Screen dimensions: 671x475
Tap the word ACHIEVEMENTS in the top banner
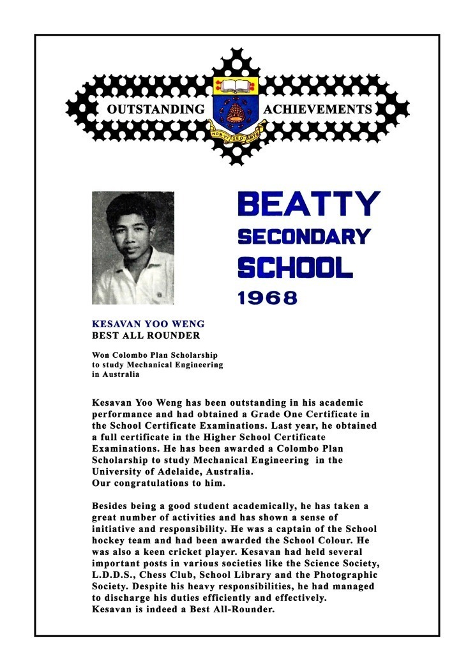[317, 110]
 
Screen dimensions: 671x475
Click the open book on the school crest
[236, 85]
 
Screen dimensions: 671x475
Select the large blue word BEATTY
[308, 204]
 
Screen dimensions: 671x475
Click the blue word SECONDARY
[304, 237]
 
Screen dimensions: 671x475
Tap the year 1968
[268, 297]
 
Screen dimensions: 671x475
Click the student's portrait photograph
[133, 248]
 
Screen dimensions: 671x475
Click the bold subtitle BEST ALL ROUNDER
[146, 335]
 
